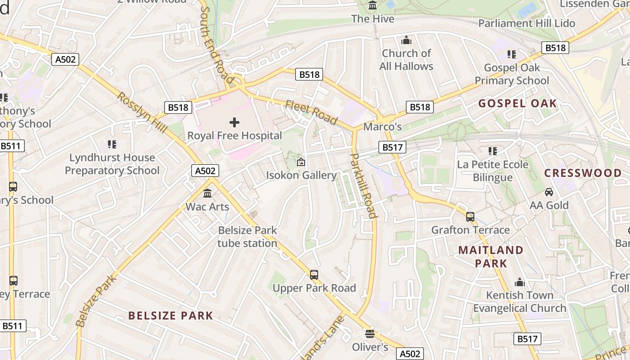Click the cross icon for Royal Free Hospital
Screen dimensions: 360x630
point(234,122)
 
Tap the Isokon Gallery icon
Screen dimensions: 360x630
point(301,162)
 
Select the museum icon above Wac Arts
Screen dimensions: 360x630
point(207,193)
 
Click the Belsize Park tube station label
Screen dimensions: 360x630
point(247,237)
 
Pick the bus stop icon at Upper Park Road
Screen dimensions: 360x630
point(314,274)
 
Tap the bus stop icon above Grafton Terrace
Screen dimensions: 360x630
point(470,217)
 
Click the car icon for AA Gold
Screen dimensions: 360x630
point(549,192)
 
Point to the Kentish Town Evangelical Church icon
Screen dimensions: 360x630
point(520,282)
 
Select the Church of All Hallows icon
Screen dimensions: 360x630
point(406,40)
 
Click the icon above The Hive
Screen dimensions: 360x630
point(373,5)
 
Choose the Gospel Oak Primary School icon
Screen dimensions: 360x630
point(512,54)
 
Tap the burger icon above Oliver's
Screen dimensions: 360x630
point(370,333)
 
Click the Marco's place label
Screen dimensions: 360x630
point(382,127)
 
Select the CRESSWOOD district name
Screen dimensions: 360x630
point(583,173)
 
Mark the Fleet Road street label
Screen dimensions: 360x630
point(311,112)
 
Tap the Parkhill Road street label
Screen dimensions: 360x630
point(363,185)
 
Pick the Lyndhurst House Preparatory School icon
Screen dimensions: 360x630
point(112,144)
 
